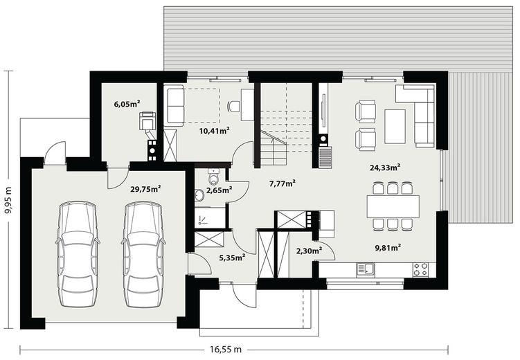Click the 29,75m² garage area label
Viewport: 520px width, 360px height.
click(145, 189)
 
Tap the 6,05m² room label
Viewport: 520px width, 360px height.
click(127, 104)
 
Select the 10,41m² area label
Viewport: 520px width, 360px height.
click(215, 131)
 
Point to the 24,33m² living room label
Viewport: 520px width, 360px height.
click(385, 168)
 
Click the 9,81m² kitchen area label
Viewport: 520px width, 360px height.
click(388, 247)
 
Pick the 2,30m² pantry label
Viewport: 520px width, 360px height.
click(310, 251)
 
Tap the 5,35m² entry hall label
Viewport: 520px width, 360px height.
click(232, 258)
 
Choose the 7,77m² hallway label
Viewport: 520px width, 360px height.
click(283, 183)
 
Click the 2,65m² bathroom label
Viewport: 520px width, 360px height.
click(219, 190)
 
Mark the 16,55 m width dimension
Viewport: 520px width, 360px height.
click(226, 349)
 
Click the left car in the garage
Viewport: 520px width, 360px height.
click(78, 255)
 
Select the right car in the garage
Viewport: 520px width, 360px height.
click(143, 255)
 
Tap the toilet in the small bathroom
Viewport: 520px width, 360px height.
click(213, 177)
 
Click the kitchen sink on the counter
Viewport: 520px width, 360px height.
click(366, 270)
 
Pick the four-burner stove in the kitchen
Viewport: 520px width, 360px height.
click(420, 269)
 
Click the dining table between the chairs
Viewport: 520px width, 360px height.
click(393, 206)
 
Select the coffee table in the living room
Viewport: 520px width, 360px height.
click(395, 126)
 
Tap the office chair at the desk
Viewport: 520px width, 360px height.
click(234, 107)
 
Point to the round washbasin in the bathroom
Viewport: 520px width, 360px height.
click(199, 195)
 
